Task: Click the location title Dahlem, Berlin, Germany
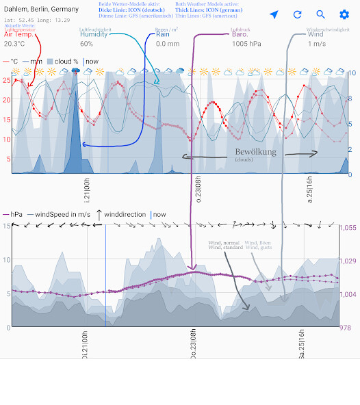(x=41, y=9)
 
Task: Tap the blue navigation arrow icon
(x=274, y=14)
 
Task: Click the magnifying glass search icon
(x=321, y=14)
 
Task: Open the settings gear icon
(x=344, y=14)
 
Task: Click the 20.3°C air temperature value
(x=14, y=44)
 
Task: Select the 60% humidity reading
(x=86, y=44)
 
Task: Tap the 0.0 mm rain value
(x=163, y=44)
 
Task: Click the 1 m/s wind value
(x=316, y=44)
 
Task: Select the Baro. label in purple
(x=240, y=35)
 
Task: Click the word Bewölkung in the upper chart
(x=255, y=152)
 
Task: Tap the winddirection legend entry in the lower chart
(x=125, y=214)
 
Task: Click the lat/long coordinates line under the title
(x=37, y=20)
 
